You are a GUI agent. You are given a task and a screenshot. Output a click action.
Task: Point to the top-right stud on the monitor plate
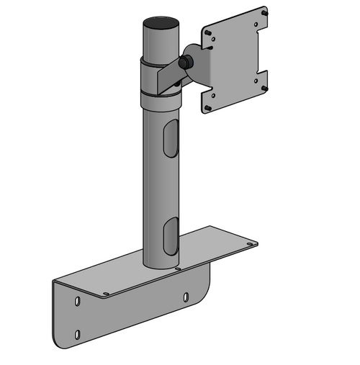[265, 13]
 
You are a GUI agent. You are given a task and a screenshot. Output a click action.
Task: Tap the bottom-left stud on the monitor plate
[208, 108]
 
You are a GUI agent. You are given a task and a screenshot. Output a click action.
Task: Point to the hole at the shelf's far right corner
[250, 245]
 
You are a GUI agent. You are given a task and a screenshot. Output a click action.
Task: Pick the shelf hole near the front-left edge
[106, 293]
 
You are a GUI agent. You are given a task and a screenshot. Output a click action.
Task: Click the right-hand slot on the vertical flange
[186, 296]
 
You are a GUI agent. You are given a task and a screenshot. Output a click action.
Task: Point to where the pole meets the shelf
[159, 265]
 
